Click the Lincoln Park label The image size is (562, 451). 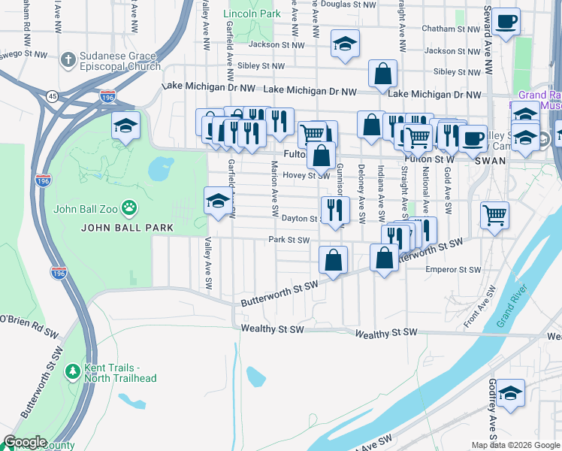click(x=252, y=14)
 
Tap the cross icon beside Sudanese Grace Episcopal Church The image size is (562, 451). click(x=68, y=59)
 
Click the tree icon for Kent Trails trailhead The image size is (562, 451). click(x=72, y=371)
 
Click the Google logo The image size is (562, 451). click(x=25, y=442)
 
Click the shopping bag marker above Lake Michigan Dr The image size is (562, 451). click(x=382, y=74)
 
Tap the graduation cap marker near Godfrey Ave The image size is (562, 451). click(x=510, y=393)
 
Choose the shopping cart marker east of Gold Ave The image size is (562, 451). click(x=494, y=215)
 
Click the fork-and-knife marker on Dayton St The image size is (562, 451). click(x=334, y=209)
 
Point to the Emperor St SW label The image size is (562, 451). click(x=452, y=269)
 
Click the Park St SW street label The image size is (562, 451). click(x=289, y=241)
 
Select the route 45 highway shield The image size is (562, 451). click(x=51, y=96)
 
